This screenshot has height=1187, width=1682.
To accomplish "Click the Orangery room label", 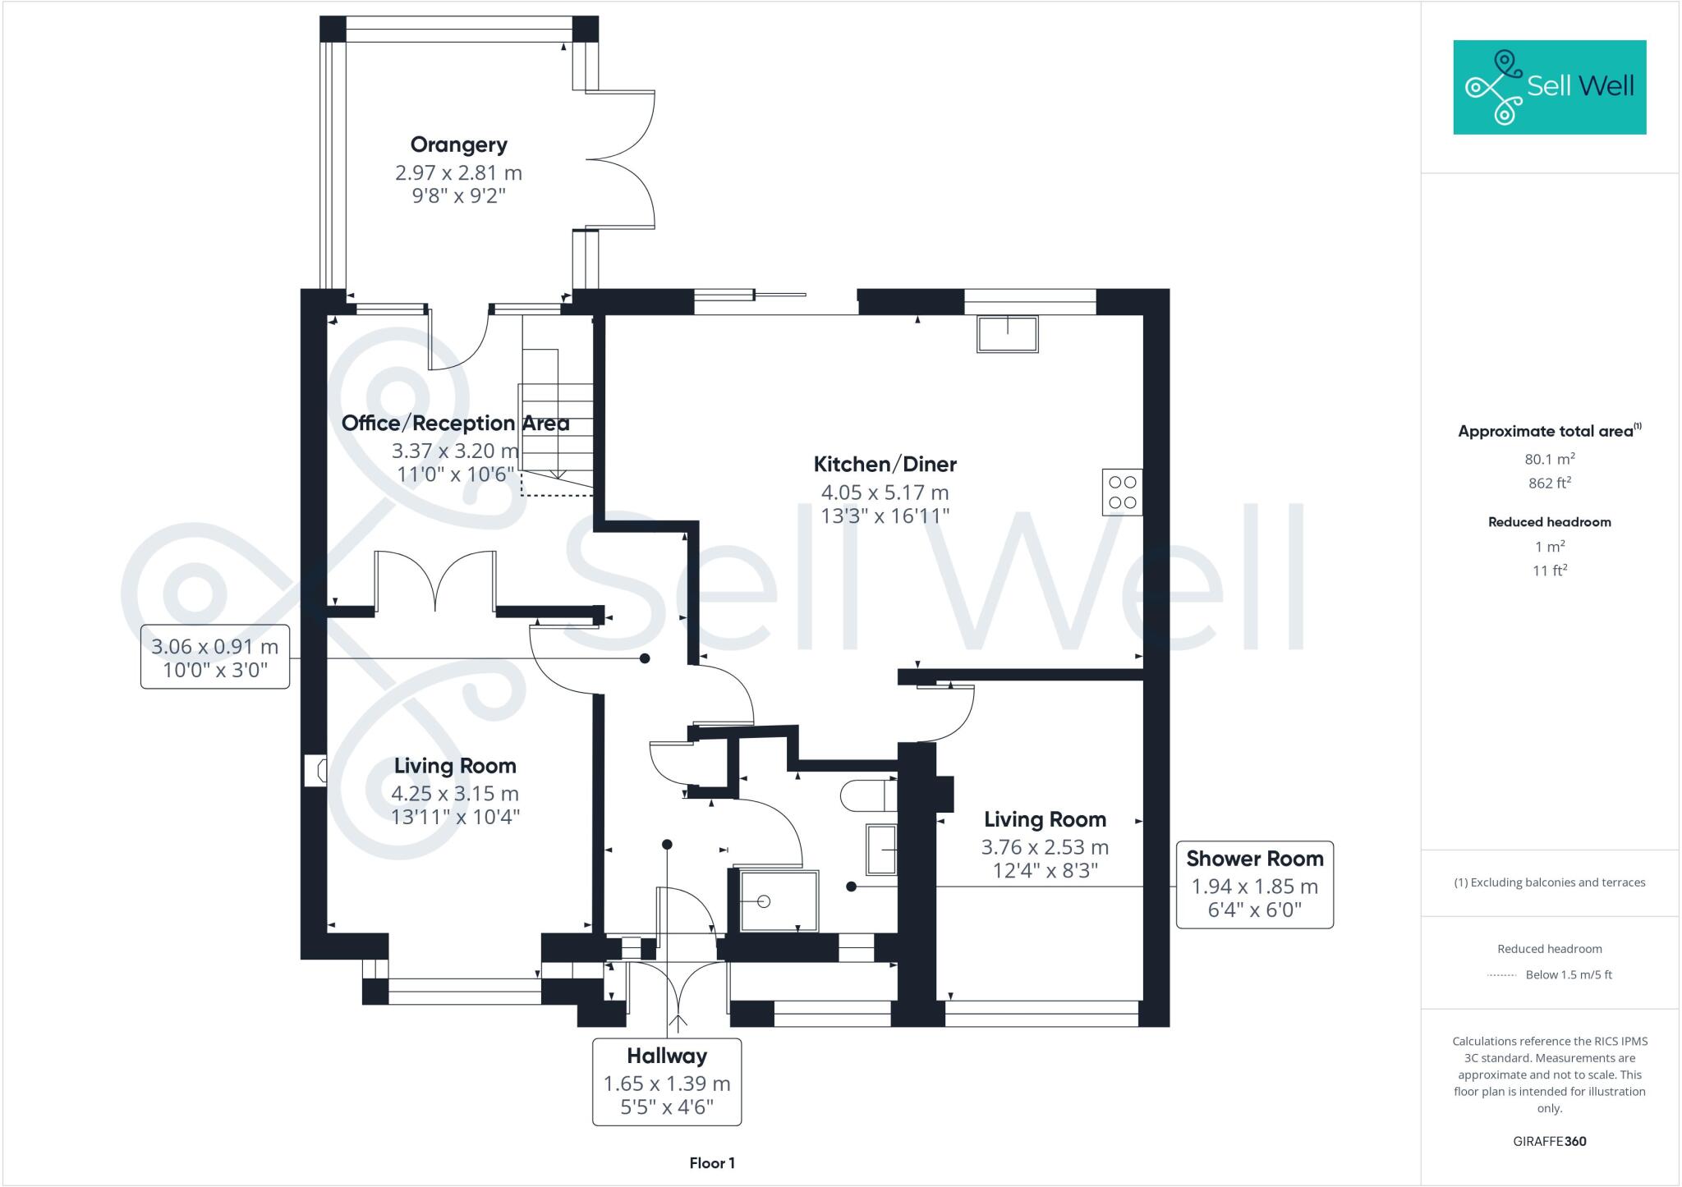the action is click(x=458, y=145).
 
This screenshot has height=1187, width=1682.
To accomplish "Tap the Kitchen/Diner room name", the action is click(x=885, y=465).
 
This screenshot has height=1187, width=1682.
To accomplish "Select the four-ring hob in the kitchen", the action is click(x=1122, y=492).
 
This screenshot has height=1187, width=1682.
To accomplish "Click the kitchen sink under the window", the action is click(x=1007, y=334).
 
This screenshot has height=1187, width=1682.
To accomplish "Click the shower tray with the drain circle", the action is click(x=779, y=901).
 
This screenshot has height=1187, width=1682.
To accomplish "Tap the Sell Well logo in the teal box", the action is click(x=1550, y=87).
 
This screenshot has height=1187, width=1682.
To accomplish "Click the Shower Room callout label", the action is click(x=1255, y=859).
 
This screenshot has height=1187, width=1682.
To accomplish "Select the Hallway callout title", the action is click(x=667, y=1056).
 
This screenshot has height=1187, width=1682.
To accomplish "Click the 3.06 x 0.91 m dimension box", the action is click(x=215, y=658).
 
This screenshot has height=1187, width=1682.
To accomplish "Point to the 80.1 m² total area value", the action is click(x=1550, y=459).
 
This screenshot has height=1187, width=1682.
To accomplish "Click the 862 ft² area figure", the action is click(x=1550, y=483).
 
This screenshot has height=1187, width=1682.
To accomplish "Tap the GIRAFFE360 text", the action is click(x=1550, y=1141).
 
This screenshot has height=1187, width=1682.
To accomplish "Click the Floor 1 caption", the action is click(x=712, y=1163).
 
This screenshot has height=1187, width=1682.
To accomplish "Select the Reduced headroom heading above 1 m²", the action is click(x=1550, y=522).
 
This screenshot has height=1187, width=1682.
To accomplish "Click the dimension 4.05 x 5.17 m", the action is click(x=885, y=493).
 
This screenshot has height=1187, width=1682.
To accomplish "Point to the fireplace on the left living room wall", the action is click(x=315, y=771).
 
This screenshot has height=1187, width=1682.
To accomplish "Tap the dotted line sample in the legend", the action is click(x=1502, y=975).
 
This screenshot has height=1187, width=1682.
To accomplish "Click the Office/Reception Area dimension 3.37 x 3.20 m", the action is click(x=455, y=451).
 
